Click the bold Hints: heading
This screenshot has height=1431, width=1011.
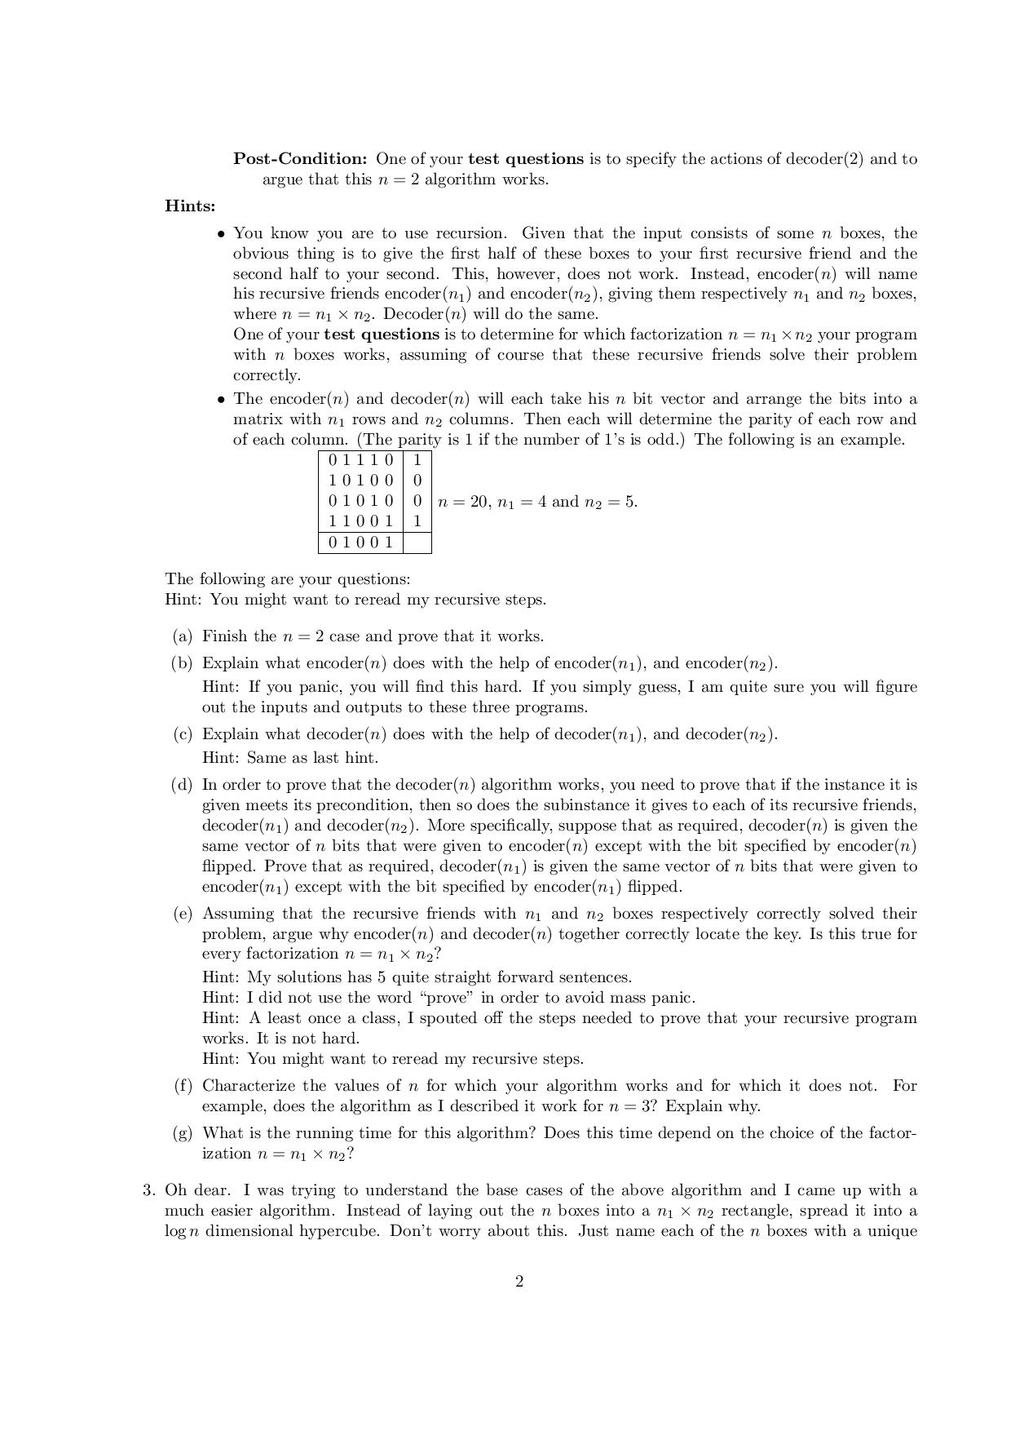(190, 206)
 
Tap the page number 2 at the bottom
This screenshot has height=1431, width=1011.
(519, 1282)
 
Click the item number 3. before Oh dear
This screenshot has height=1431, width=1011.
(149, 1190)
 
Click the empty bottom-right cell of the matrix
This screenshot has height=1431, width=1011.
(417, 543)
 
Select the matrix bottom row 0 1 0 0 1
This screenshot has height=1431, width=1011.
(360, 543)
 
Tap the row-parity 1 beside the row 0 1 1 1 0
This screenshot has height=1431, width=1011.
(417, 460)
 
